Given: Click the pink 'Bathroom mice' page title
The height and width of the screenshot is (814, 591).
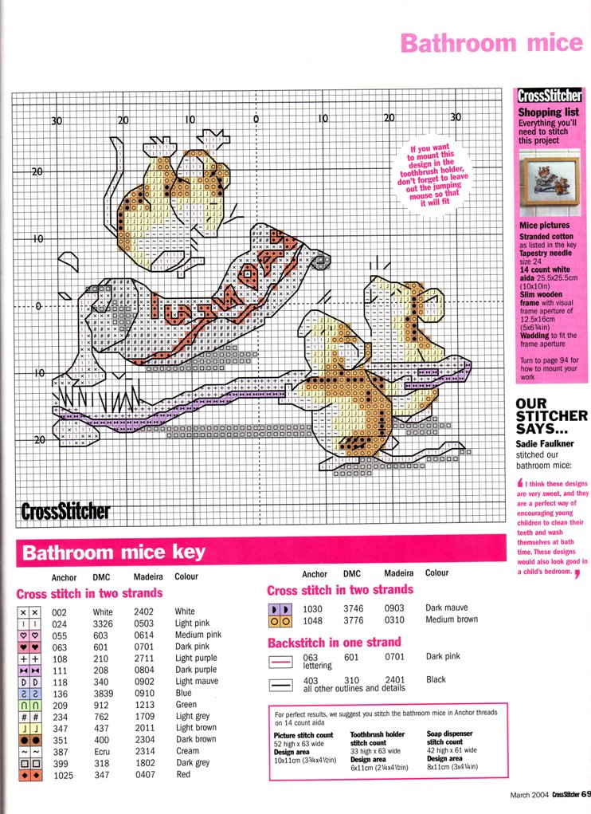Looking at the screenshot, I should coord(491,42).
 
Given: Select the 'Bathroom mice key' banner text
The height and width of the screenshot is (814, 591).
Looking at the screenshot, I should coord(113,552).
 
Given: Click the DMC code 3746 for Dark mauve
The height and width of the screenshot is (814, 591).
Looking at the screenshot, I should coord(354,608).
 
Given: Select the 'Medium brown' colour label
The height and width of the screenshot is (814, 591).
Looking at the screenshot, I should coord(451,619).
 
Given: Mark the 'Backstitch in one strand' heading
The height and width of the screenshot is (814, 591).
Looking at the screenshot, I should coord(334,642).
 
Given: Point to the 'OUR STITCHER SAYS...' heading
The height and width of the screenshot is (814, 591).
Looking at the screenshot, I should coord(551,415).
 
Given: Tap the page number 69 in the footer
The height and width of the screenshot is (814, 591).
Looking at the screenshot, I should coord(585,793).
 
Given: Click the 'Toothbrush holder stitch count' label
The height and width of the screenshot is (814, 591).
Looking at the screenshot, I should coord(378,741).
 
